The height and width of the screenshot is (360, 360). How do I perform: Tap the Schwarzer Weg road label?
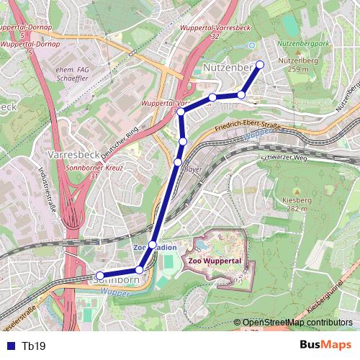tap(284, 156)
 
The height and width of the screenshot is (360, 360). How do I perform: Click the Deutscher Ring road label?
tap(120, 144)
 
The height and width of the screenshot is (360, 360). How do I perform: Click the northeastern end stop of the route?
tap(260, 65)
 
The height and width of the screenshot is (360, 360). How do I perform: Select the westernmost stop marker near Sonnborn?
tap(99, 276)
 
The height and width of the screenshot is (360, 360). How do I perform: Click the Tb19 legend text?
tap(34, 346)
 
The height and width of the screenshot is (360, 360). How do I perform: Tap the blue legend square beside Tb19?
tap(10, 346)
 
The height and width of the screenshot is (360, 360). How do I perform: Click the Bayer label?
tap(193, 170)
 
